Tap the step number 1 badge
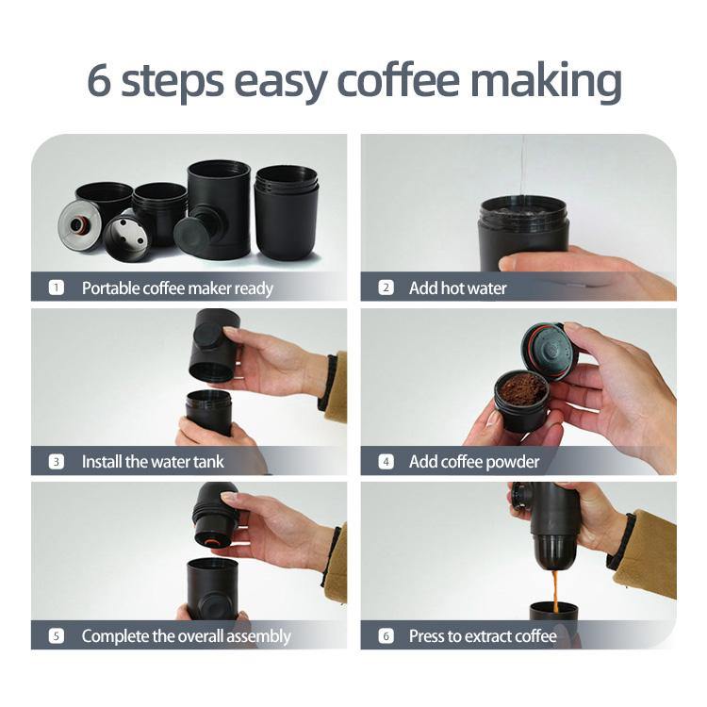tap(57, 288)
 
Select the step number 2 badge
tap(386, 288)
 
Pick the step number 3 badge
tap(57, 462)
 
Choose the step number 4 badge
tap(386, 462)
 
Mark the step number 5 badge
tap(57, 636)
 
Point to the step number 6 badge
tap(386, 636)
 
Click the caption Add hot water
tap(457, 288)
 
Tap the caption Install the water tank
tap(153, 462)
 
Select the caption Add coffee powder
tap(473, 462)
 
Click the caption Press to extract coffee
tap(483, 636)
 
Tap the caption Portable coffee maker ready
tap(177, 288)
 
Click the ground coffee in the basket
tap(523, 387)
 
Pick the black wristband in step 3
tap(328, 381)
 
